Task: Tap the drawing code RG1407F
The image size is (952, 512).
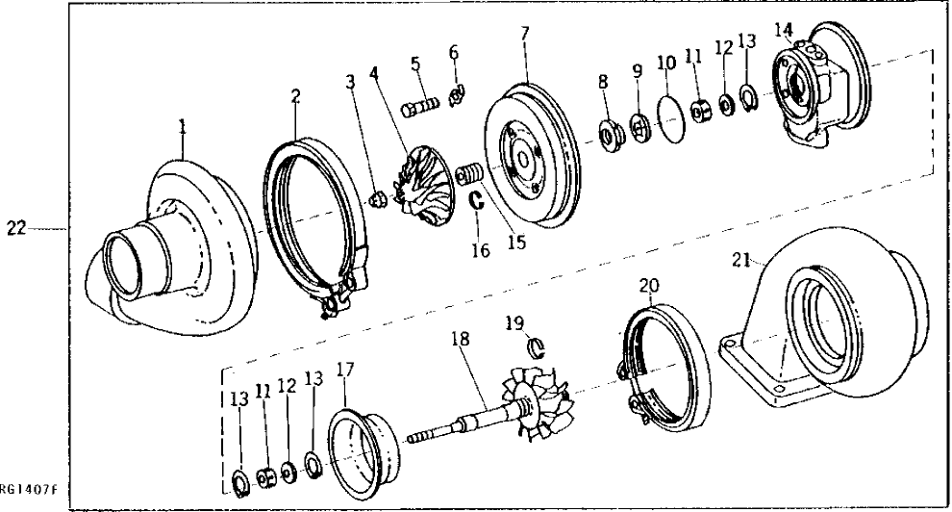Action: (30, 490)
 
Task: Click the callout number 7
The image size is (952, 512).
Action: (525, 33)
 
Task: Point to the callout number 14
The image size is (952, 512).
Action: (787, 28)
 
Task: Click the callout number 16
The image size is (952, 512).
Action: (480, 251)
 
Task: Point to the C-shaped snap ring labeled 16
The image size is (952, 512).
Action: (476, 200)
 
